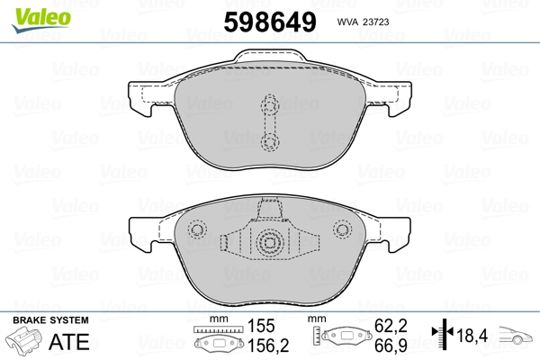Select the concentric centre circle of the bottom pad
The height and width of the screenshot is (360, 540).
[269, 242]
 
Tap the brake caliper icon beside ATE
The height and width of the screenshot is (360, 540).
[28, 342]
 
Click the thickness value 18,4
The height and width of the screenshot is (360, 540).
[473, 336]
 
